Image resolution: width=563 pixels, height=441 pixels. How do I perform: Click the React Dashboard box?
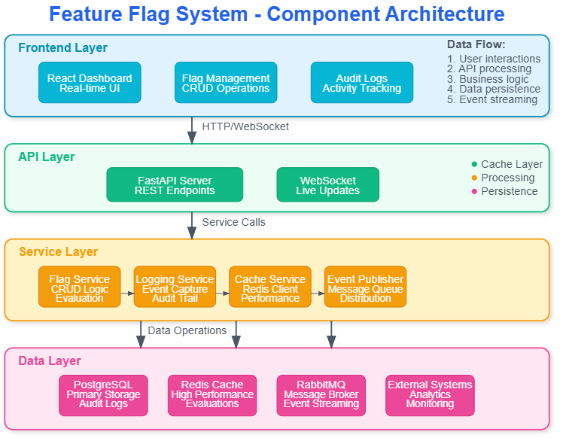coord(90,83)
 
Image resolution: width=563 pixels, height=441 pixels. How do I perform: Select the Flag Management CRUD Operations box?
coord(226,83)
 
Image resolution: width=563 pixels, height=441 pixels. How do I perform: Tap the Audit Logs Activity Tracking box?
coord(362,83)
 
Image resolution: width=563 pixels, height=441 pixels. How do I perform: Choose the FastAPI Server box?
coord(175,184)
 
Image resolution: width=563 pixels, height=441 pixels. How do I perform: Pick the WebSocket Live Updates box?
coord(328,184)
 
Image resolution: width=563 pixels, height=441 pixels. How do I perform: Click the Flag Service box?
coord(79,287)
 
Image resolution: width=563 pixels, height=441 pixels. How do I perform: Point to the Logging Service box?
coord(175,287)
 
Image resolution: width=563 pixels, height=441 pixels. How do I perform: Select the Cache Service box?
coord(270,287)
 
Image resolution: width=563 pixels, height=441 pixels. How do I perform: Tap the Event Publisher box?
coord(366,287)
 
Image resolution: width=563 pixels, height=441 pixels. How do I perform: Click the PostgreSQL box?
coord(103,395)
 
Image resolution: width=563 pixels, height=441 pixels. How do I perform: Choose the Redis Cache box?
coord(212,395)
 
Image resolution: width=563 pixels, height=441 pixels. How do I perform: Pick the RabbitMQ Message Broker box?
coord(321,395)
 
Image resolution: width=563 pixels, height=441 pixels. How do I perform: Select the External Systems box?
coord(430,395)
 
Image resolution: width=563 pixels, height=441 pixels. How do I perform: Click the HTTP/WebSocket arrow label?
coord(245,126)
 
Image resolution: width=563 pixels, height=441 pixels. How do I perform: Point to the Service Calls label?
coord(234,222)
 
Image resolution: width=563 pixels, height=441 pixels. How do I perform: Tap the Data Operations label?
coord(187,331)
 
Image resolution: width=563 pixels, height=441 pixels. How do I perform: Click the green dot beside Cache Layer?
coord(474,164)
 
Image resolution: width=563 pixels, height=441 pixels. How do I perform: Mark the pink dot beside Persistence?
coord(474,191)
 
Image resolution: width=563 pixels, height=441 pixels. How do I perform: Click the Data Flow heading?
coord(476,44)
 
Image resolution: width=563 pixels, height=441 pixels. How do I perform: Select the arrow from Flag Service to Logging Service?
coord(127,293)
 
